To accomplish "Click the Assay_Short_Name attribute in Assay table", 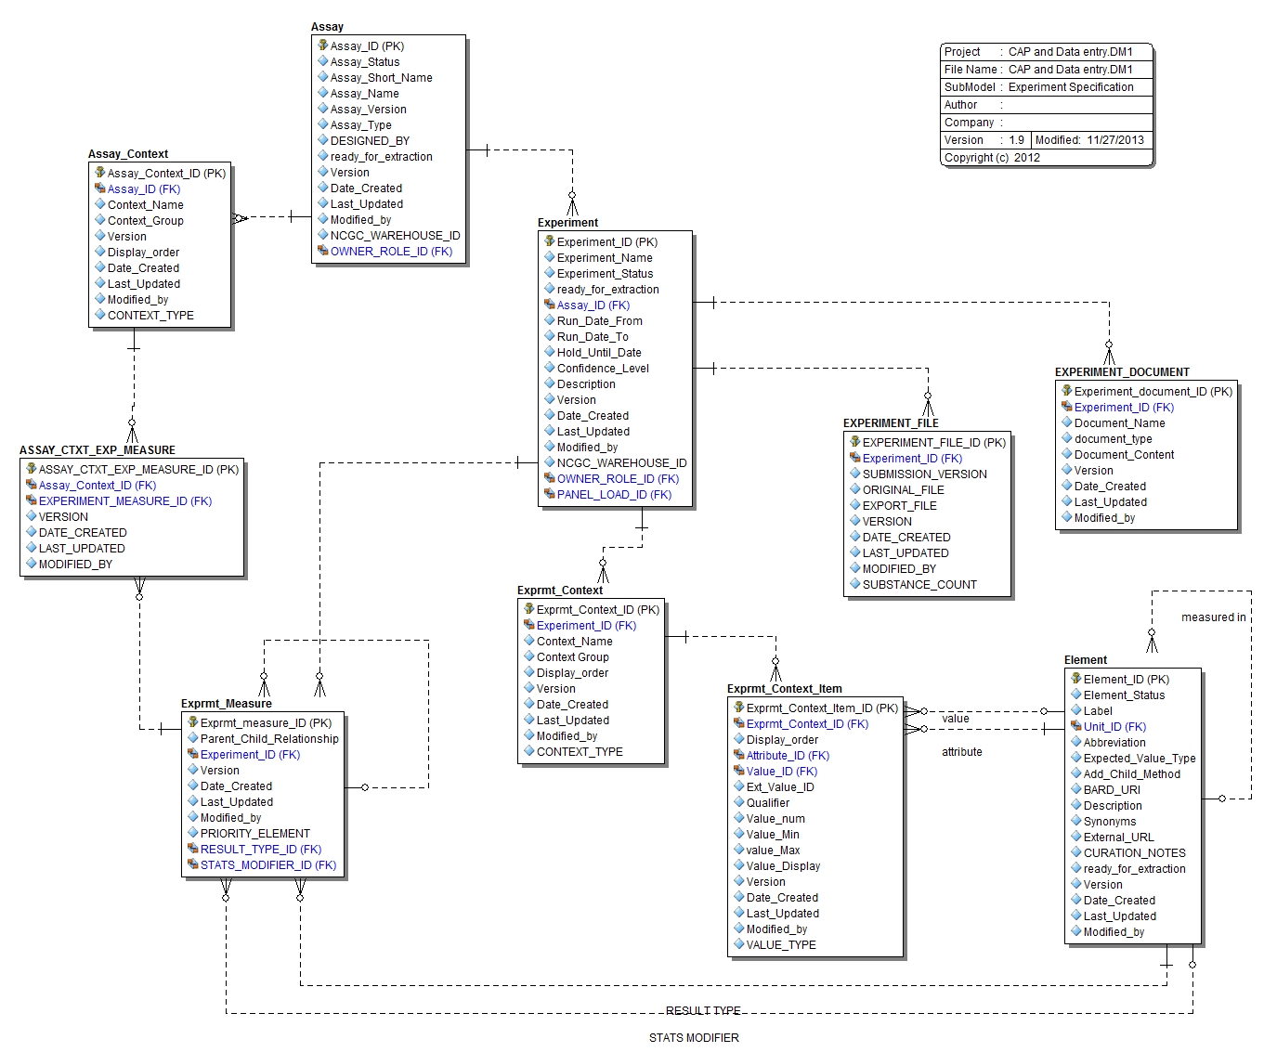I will click(x=381, y=78).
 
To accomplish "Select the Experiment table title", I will click(x=567, y=223).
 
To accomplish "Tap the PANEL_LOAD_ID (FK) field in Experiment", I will click(x=614, y=495).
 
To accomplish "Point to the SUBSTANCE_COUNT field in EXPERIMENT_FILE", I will click(x=919, y=585).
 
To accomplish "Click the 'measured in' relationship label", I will click(x=1213, y=617).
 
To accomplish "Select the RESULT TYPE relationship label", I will click(x=703, y=1011).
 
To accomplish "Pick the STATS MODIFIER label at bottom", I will click(x=694, y=1038).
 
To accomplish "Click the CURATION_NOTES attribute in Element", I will click(x=1134, y=853).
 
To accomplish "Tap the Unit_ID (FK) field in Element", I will click(x=1114, y=727).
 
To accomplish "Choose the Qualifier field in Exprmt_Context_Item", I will click(x=767, y=803).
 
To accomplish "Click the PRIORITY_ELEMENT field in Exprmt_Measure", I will click(x=254, y=834).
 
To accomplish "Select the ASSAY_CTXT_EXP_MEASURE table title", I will click(x=98, y=450).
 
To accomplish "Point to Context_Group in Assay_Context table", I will click(x=145, y=221).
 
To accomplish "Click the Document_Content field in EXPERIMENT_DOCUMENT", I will click(x=1124, y=455).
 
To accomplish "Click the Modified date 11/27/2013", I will click(x=1115, y=140).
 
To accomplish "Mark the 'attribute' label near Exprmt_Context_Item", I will click(x=961, y=752).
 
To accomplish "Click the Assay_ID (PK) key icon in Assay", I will click(x=322, y=45).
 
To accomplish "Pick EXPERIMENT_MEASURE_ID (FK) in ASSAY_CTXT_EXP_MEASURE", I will click(x=124, y=501).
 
